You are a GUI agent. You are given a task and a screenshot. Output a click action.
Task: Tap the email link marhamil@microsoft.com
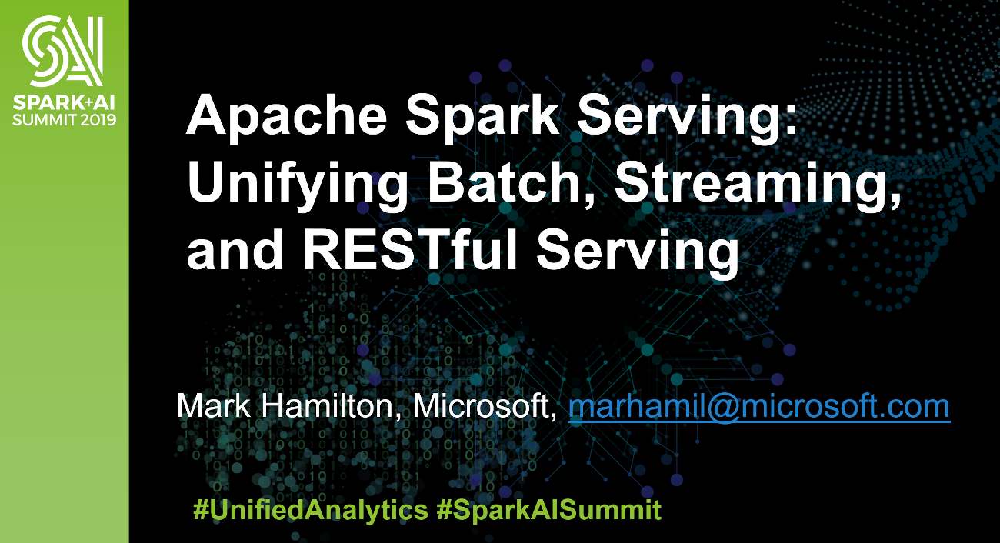pyautogui.click(x=758, y=406)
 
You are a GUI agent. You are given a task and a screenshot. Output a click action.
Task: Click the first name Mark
pyautogui.click(x=213, y=405)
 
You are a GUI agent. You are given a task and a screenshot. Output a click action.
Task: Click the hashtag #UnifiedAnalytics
pyautogui.click(x=310, y=510)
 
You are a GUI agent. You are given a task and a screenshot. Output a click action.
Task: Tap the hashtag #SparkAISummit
pyautogui.click(x=548, y=510)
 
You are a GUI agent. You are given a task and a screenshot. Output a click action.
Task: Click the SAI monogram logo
pyautogui.click(x=63, y=51)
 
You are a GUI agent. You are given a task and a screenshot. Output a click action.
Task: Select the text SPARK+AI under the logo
pyautogui.click(x=64, y=103)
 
